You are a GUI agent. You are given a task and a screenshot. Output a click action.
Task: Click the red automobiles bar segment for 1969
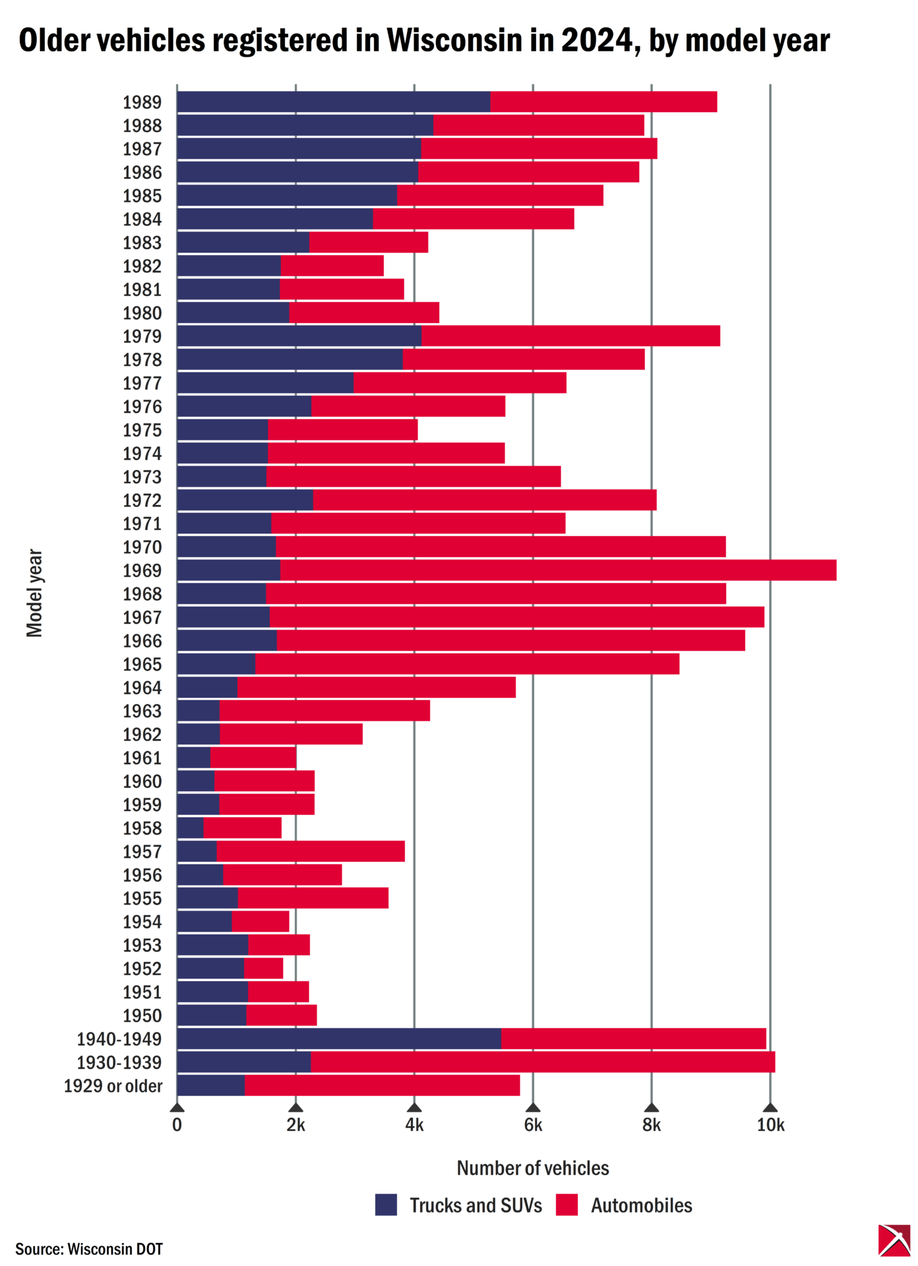[x=558, y=570]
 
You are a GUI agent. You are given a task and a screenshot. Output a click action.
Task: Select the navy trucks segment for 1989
[x=333, y=102]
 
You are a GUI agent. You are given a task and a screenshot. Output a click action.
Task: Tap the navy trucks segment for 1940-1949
[x=338, y=1039]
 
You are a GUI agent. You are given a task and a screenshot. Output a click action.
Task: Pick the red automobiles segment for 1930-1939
[x=542, y=1062]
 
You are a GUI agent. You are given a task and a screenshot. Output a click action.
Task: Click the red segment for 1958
[x=242, y=828]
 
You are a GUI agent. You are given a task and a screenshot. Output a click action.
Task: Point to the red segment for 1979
[x=570, y=336]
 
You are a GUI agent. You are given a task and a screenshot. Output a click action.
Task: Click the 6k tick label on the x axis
[x=533, y=1125]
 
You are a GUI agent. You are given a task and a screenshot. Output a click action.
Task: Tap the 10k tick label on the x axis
[x=770, y=1125]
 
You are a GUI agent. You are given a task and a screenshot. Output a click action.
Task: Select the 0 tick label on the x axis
[x=177, y=1125]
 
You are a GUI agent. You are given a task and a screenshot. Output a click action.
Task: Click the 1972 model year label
[x=142, y=500]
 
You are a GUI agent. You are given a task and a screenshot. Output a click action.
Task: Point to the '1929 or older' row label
[x=113, y=1086]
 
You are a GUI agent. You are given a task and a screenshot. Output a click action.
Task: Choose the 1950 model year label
[x=142, y=1015]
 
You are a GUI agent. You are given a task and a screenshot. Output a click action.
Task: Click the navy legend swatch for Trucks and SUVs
[x=386, y=1205]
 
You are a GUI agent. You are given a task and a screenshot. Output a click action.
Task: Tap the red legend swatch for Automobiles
[x=566, y=1205]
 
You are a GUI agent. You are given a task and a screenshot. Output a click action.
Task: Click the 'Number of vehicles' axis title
[x=533, y=1168]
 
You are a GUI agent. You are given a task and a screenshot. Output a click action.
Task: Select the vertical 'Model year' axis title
[x=34, y=593]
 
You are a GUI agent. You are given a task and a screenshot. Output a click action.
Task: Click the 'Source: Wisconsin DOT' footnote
[x=89, y=1249]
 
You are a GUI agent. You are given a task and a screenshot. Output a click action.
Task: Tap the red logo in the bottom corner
[x=894, y=1240]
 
